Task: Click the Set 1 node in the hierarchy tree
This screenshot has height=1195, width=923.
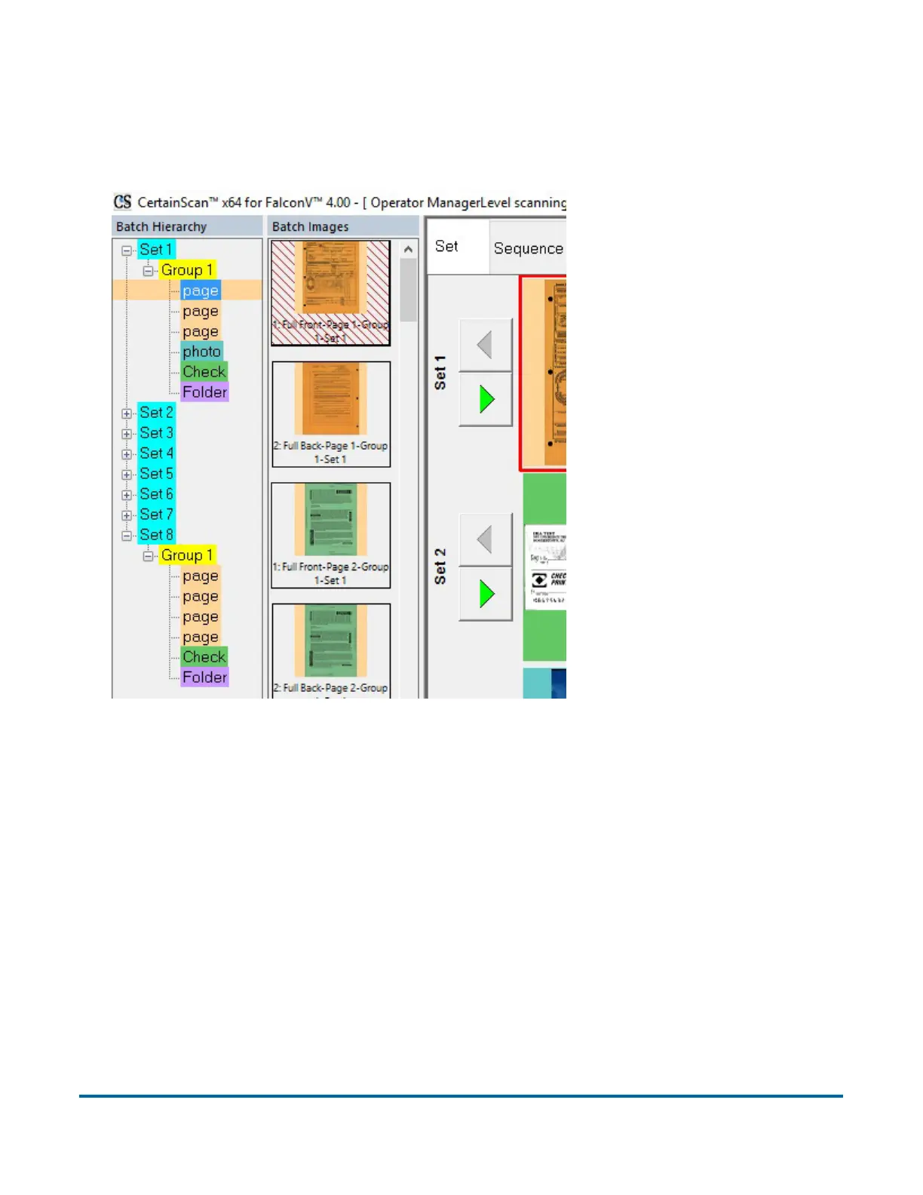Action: click(x=156, y=250)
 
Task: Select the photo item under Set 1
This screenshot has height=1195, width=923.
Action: click(x=201, y=352)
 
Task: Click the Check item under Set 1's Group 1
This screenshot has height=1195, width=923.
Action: click(x=204, y=372)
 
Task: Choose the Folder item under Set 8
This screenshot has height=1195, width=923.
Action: click(x=204, y=677)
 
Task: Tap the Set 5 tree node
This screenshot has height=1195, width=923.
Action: click(x=156, y=474)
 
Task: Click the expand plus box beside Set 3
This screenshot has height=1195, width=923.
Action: click(x=127, y=434)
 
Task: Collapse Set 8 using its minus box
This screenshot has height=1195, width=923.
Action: click(x=127, y=536)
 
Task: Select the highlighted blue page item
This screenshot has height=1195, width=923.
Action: click(x=200, y=290)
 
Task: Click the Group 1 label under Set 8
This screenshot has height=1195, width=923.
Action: click(x=187, y=555)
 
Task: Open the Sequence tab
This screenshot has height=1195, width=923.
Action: click(x=528, y=248)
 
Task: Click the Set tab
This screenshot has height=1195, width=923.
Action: click(x=446, y=247)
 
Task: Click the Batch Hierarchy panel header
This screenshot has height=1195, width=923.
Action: click(x=161, y=226)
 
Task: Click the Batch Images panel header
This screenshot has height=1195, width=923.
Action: click(x=310, y=226)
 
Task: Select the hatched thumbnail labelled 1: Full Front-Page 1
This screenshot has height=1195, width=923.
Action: click(x=331, y=293)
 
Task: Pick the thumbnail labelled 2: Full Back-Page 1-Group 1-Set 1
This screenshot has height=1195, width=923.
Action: click(x=331, y=414)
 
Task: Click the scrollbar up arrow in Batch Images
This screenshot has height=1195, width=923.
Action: click(x=409, y=250)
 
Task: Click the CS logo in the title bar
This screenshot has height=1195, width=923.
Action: click(x=122, y=202)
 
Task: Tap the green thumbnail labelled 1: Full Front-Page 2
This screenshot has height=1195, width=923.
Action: click(x=331, y=535)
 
